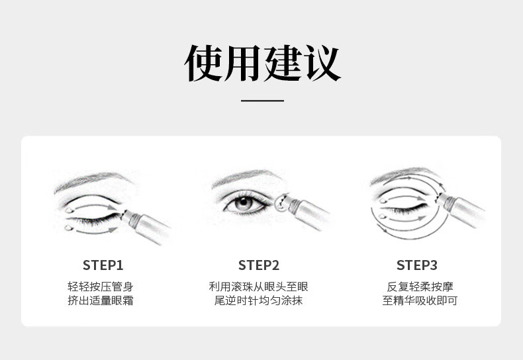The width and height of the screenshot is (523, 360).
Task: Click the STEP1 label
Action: [x=103, y=265]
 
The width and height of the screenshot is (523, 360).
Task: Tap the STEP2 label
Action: [x=259, y=265]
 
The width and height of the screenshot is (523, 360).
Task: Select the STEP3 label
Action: [x=417, y=265]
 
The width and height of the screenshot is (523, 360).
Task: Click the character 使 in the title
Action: [x=203, y=63]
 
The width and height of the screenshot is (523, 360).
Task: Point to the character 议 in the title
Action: [x=322, y=63]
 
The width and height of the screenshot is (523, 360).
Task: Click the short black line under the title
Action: [x=263, y=101]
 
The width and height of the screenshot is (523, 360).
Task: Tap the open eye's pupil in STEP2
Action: [x=244, y=202]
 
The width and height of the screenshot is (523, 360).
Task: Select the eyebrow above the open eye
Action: [x=246, y=176]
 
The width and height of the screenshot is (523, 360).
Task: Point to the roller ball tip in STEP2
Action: [x=281, y=203]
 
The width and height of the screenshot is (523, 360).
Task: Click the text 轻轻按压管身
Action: [x=101, y=287]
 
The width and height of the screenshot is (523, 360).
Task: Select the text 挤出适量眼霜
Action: [x=101, y=300]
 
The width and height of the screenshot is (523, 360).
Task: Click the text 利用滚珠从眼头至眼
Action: [x=258, y=287]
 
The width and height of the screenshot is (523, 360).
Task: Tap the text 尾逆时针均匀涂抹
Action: [x=258, y=300]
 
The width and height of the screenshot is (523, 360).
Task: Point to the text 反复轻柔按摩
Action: [x=420, y=287]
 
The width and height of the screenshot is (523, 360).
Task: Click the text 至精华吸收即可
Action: [x=420, y=300]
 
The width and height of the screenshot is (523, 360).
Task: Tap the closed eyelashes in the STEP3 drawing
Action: [x=404, y=209]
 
